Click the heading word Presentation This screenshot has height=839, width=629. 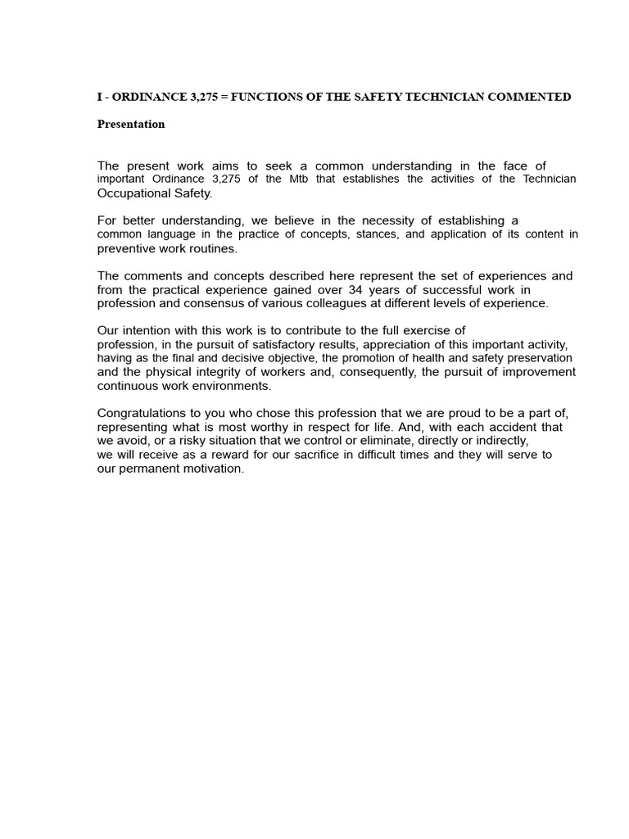click(131, 125)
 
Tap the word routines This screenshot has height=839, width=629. click(211, 248)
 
